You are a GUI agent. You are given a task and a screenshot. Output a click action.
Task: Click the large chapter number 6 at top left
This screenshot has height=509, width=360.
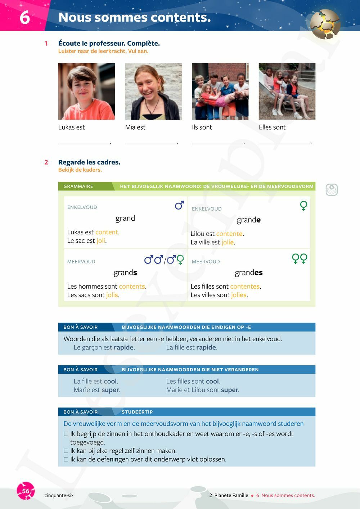(x=24, y=17)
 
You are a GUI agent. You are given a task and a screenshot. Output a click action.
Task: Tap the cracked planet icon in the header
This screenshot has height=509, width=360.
(x=325, y=24)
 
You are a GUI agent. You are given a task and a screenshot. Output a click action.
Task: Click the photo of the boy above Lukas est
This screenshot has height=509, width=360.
(x=86, y=91)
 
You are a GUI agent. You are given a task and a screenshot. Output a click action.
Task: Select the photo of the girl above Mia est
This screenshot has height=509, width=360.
(x=153, y=91)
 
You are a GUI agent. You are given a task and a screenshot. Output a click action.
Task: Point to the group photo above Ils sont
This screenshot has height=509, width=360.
(x=220, y=91)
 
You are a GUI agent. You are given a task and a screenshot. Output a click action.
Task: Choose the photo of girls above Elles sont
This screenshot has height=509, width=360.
(x=287, y=91)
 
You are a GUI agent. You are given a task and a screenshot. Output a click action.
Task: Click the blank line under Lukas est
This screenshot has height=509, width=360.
(x=84, y=143)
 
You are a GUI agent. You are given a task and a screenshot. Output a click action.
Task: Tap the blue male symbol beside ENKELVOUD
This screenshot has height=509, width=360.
(x=179, y=205)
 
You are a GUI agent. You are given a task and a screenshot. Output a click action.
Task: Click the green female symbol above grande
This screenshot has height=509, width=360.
(x=304, y=206)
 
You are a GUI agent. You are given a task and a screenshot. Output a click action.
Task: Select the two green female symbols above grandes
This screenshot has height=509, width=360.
(x=300, y=258)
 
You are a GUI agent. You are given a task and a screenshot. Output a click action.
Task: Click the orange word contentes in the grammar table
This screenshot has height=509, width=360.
(x=245, y=287)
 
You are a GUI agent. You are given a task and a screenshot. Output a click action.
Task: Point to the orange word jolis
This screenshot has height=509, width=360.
(x=112, y=295)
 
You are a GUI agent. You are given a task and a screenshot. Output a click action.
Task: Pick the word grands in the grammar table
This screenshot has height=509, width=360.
(x=125, y=273)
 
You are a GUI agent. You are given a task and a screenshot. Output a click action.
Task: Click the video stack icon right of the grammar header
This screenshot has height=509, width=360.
(x=332, y=190)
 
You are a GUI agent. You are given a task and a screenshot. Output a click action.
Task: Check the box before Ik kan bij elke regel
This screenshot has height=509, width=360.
(x=66, y=451)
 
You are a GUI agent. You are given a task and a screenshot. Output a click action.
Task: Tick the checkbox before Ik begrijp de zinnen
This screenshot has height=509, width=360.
(x=66, y=434)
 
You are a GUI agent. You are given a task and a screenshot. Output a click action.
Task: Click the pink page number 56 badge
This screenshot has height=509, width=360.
(x=26, y=491)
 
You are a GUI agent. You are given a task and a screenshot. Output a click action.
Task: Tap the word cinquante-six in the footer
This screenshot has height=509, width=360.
(x=59, y=496)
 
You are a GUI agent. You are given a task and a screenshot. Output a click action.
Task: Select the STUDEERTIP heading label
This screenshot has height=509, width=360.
(x=137, y=412)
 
